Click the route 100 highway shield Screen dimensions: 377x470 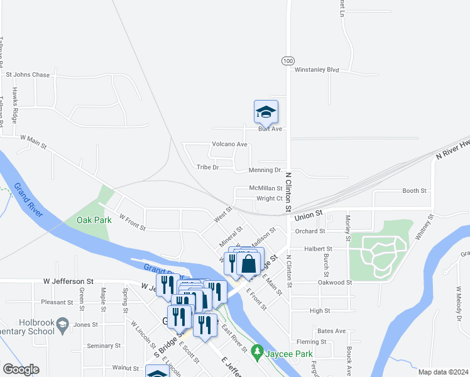[287, 60]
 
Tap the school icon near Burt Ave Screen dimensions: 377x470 [266, 112]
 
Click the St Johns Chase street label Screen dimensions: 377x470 [28, 75]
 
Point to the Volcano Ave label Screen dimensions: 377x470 [229, 144]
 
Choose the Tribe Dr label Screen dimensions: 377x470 [207, 167]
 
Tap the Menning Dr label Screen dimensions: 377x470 [265, 170]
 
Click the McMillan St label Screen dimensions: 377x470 [266, 188]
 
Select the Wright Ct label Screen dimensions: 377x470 [270, 199]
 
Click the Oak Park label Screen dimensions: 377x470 [94, 220]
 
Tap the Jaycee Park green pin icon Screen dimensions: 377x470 [256, 351]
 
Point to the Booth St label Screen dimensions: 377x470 [414, 190]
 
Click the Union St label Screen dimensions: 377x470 [308, 214]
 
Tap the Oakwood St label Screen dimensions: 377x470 [335, 283]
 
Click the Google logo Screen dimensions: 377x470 [21, 369]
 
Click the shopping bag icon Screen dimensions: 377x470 [249, 263]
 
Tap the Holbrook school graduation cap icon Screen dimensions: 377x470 [62, 325]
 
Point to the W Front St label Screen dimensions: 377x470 [132, 223]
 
